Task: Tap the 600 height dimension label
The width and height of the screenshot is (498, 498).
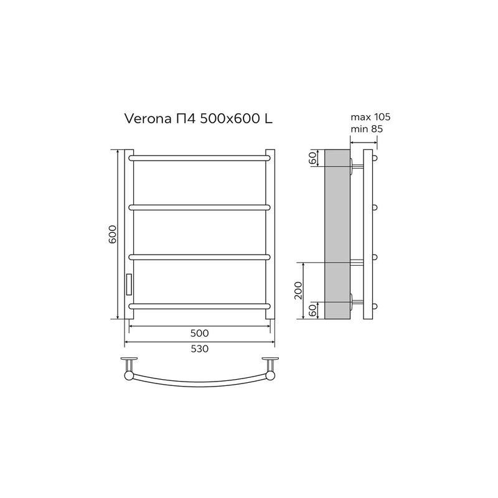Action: click(113, 233)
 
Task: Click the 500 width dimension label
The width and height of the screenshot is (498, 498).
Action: click(199, 333)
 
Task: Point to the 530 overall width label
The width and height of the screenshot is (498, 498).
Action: click(199, 349)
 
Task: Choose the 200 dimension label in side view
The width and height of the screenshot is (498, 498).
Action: click(298, 291)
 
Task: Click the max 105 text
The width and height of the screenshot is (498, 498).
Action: click(370, 117)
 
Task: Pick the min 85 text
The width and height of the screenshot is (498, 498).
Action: click(367, 129)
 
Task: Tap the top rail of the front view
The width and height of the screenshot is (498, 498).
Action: click(200, 158)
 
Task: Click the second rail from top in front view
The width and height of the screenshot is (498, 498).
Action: click(200, 207)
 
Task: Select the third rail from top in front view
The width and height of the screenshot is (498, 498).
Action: click(200, 256)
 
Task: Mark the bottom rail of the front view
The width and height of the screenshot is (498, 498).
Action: click(200, 305)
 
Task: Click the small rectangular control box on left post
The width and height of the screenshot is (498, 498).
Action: click(129, 284)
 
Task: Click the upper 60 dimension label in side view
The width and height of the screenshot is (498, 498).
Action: click(312, 158)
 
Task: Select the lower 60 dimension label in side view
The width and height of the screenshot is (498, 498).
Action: click(312, 309)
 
